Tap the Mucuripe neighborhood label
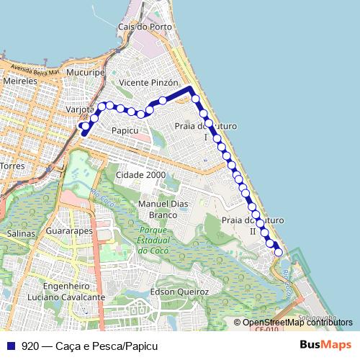(86, 73)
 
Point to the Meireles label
(19, 82)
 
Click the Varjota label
(80, 109)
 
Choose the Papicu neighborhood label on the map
(125, 130)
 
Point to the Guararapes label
(68, 232)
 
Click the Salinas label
(20, 234)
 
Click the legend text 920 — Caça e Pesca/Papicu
(89, 346)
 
